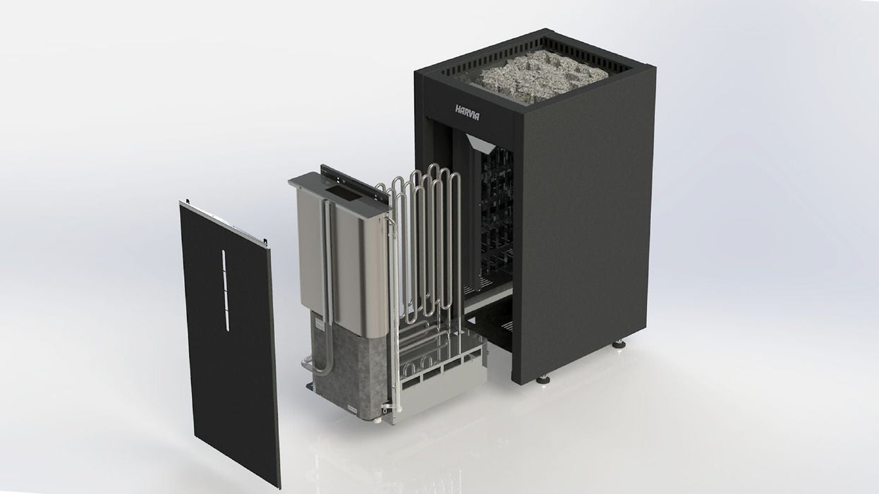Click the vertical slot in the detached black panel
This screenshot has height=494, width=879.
[x=226, y=290]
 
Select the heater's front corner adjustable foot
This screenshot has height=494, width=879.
[x=542, y=379]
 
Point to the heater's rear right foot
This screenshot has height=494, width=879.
[x=619, y=344]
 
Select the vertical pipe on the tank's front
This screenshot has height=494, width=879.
[x=328, y=261]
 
